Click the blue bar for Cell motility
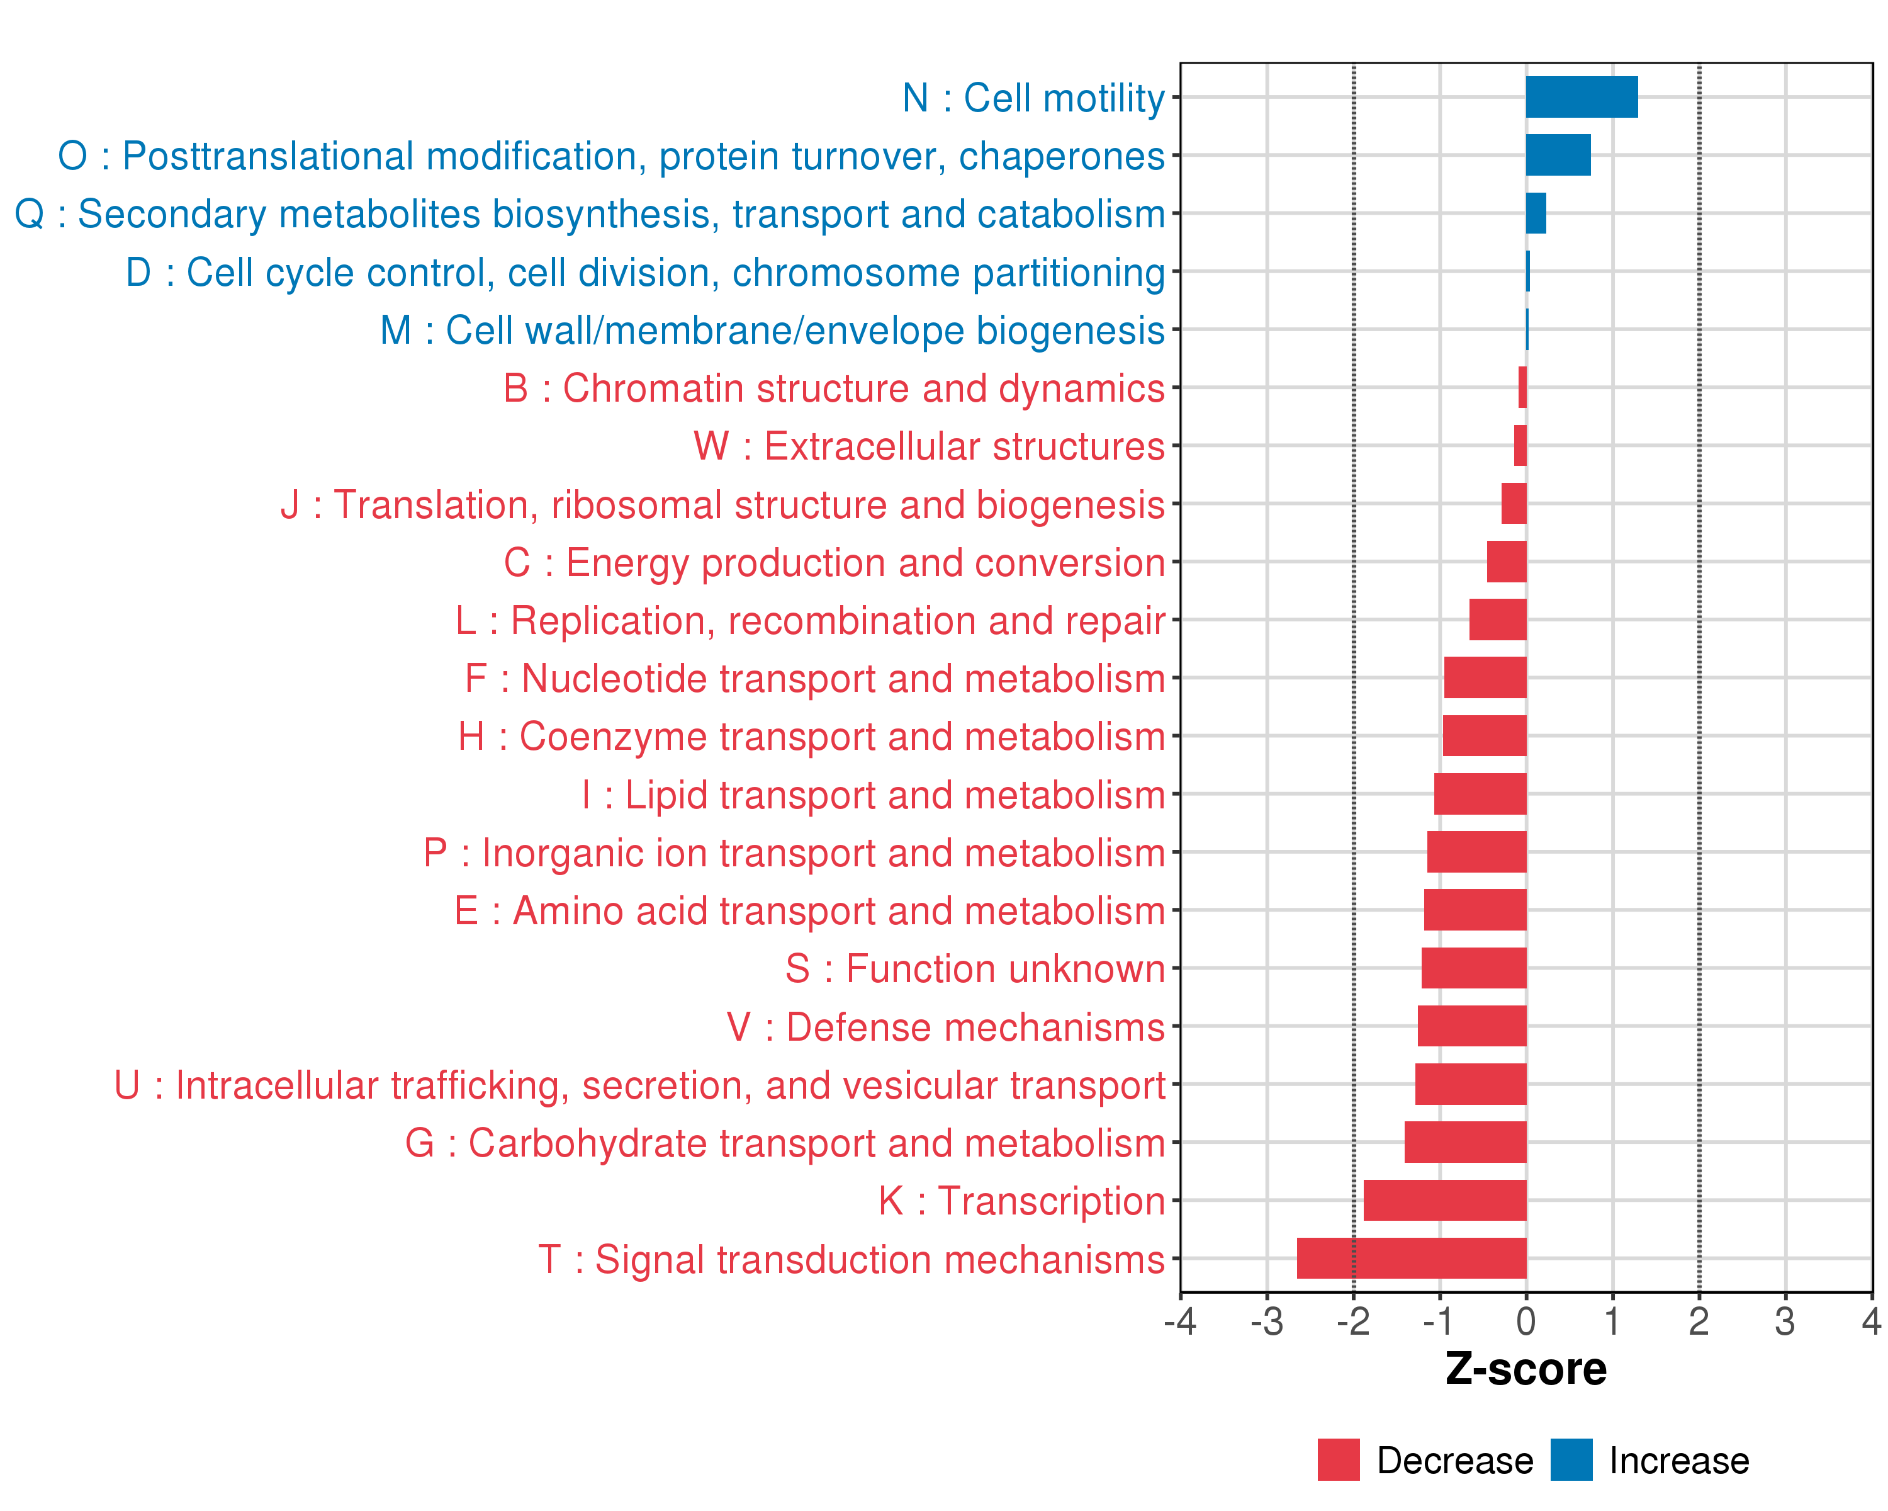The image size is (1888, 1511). coord(1581,97)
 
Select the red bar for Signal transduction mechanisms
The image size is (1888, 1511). coord(1411,1258)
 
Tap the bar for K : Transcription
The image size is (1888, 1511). coord(1444,1200)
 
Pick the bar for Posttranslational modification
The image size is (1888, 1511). coord(1558,155)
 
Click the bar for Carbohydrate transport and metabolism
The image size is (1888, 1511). coord(1465,1142)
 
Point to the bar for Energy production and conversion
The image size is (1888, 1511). coord(1506,562)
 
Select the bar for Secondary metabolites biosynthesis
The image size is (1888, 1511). coord(1536,213)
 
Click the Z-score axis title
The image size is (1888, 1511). coord(1526,1369)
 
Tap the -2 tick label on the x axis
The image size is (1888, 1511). coord(1353,1321)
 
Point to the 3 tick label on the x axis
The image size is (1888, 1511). coord(1785,1321)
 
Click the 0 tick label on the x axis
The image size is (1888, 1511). coord(1526,1321)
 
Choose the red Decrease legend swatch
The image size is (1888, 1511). coord(1338,1460)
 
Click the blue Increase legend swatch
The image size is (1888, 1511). coord(1571,1460)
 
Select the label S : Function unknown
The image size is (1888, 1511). coord(975,969)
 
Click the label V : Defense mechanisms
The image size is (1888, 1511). coord(946,1027)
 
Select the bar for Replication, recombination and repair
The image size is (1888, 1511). coord(1497,620)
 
